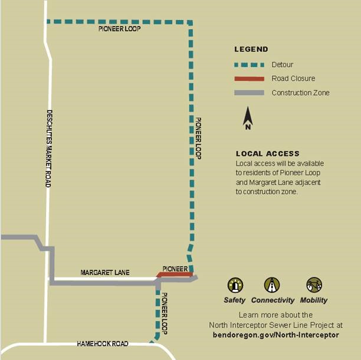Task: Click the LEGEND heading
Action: tap(251, 49)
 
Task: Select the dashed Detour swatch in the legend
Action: tap(248, 65)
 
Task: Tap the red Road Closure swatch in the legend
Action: tap(248, 79)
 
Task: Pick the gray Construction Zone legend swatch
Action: tap(248, 93)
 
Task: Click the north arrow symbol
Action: tap(248, 118)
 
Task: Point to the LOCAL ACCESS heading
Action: tap(267, 154)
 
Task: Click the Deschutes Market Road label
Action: tap(50, 149)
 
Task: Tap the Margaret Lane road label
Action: tap(104, 273)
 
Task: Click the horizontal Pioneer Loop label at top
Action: tap(120, 29)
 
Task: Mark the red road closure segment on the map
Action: tap(175, 275)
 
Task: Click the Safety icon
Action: tap(235, 286)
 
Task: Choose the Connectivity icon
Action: tap(272, 286)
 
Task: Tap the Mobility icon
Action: tap(314, 286)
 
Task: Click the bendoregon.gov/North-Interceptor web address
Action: tap(275, 335)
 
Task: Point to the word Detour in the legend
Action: tap(283, 65)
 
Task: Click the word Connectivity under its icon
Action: tap(272, 300)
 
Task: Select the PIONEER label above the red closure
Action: tap(175, 269)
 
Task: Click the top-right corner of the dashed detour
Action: tap(190, 23)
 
